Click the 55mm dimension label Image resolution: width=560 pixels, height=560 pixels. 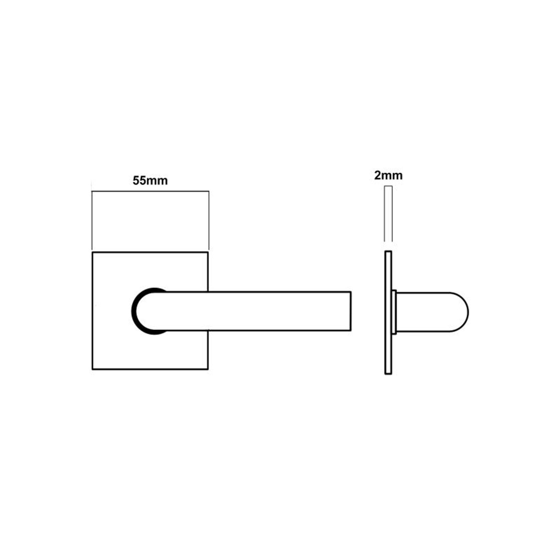tap(150, 180)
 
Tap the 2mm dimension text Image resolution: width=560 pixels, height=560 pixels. tap(388, 175)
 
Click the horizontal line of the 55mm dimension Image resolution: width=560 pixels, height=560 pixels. tap(150, 191)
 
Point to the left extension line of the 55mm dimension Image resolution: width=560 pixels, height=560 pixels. tap(92, 221)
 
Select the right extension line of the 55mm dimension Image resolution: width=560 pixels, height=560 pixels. tap(209, 221)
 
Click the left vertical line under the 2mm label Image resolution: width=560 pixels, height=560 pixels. tap(384, 214)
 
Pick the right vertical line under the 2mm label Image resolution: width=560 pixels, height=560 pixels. tap(392, 214)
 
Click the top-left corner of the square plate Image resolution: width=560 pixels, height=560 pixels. tap(93, 253)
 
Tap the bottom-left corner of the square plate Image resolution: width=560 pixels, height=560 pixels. tap(93, 369)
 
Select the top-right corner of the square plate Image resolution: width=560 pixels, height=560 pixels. tap(208, 253)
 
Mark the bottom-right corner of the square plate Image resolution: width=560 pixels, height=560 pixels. tap(208, 369)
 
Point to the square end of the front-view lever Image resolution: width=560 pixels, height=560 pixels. tap(351, 311)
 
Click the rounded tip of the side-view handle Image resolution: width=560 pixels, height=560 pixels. tap(467, 312)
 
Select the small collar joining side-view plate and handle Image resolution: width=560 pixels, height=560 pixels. tap(394, 312)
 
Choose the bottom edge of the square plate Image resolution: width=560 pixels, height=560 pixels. tap(150, 369)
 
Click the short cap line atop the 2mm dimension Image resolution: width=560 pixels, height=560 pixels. tap(388, 186)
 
